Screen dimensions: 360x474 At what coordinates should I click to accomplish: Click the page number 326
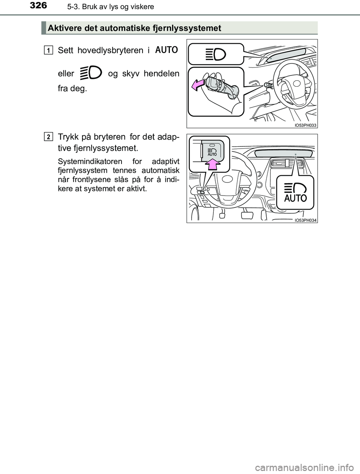38,6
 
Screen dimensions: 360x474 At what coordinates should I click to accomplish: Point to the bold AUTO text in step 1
166,50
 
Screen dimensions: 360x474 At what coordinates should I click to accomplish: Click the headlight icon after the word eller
91,73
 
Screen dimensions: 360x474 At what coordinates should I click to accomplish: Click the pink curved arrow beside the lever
198,85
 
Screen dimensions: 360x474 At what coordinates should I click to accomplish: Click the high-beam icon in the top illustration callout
216,54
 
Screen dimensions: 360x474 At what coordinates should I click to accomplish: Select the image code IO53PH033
305,125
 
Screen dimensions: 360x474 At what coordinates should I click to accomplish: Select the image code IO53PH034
305,220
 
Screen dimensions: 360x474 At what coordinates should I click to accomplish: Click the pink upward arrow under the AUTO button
213,164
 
